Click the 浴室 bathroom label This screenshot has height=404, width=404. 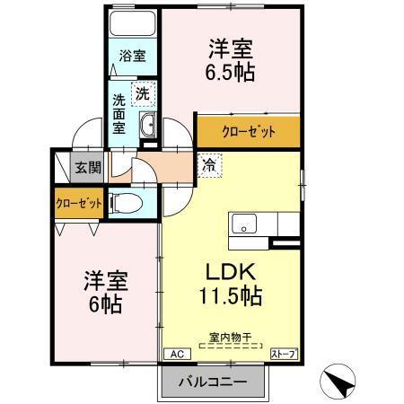[133, 57]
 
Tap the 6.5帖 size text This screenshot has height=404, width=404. [232, 72]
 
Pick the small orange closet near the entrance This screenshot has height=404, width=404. [77, 203]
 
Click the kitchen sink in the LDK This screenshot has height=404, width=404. [243, 224]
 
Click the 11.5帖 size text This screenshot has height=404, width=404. [231, 293]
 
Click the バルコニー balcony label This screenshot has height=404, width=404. [215, 378]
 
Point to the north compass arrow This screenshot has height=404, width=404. [342, 382]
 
